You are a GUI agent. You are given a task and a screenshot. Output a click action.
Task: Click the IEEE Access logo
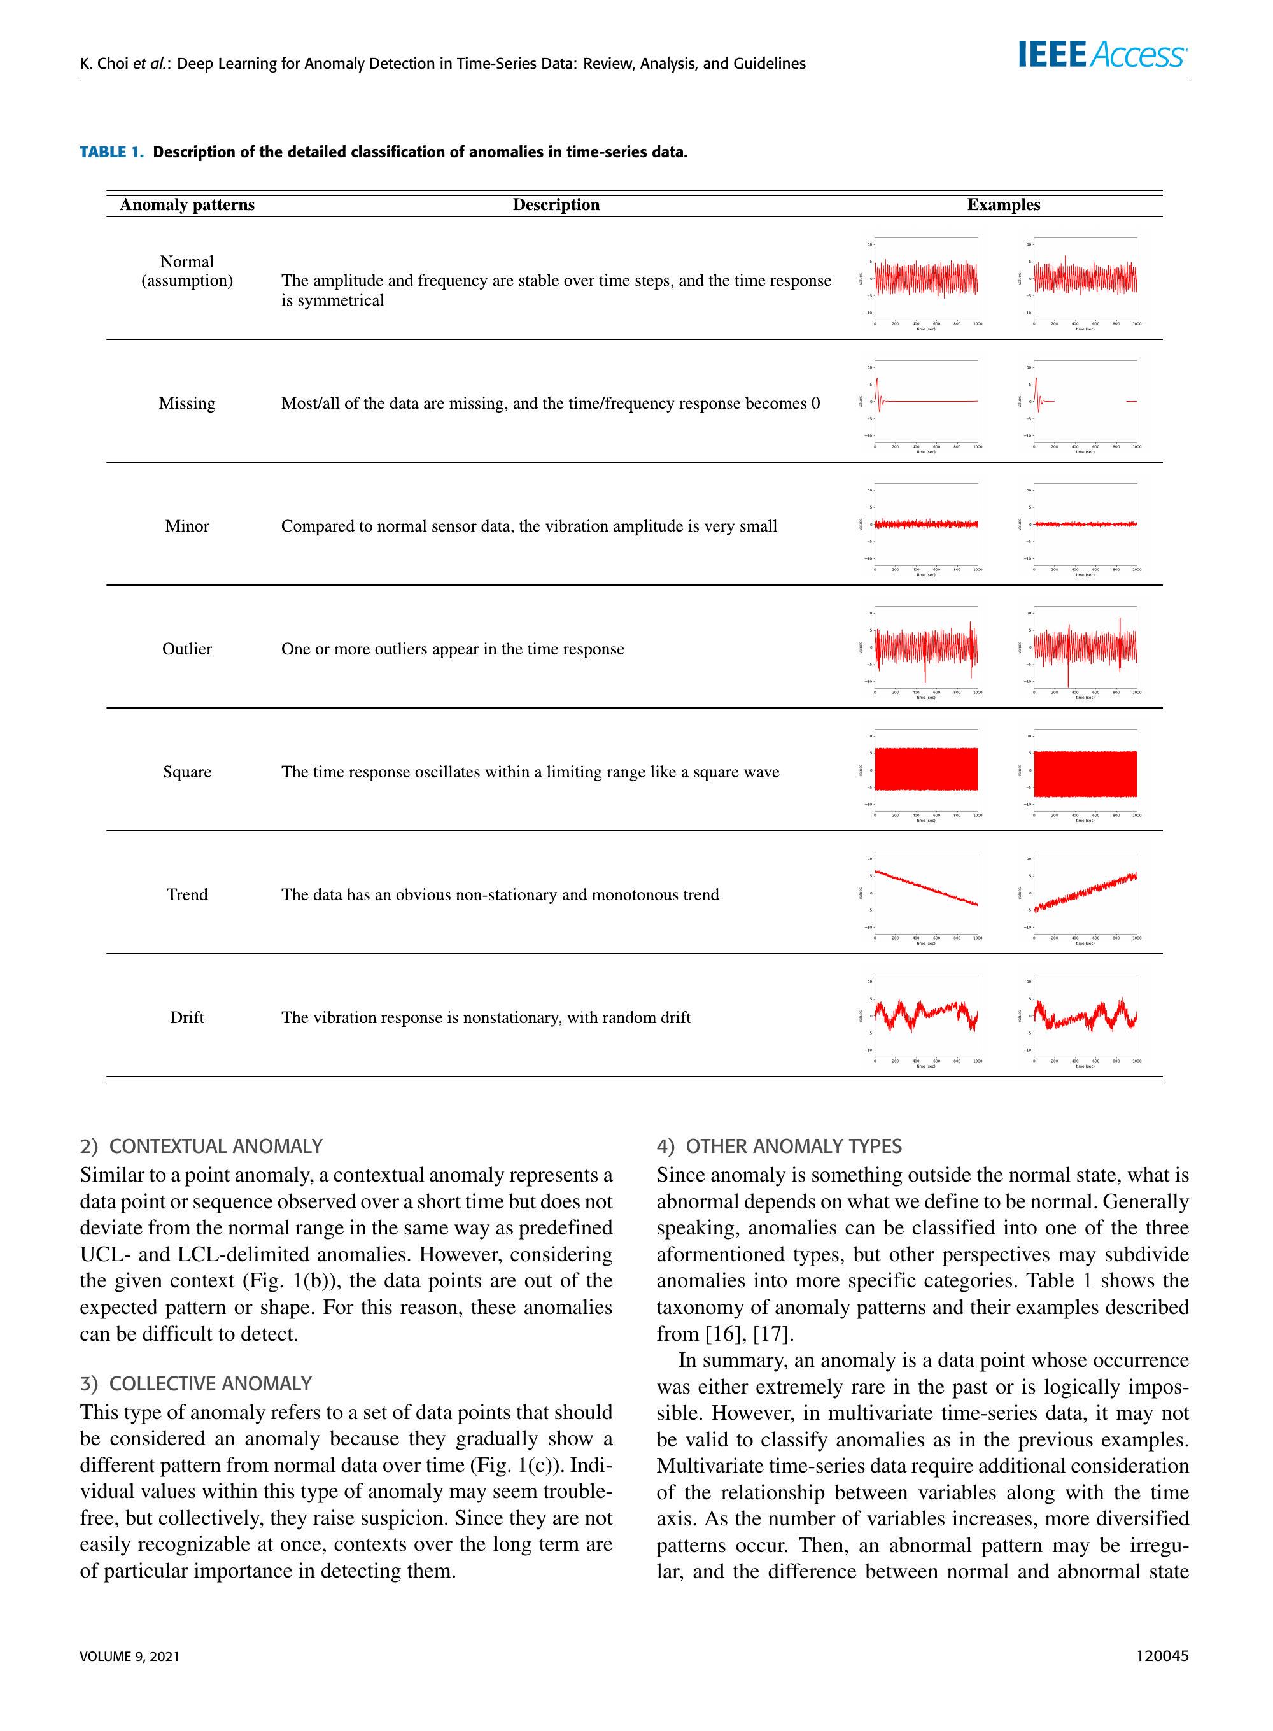[1102, 55]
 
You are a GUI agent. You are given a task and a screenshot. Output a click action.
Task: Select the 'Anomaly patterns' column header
[187, 205]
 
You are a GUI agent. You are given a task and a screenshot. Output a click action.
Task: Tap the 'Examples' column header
[1003, 205]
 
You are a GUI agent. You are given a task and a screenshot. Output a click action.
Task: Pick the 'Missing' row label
[187, 404]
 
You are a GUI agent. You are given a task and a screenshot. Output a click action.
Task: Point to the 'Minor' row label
[187, 526]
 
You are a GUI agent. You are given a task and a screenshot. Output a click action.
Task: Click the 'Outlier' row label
[187, 649]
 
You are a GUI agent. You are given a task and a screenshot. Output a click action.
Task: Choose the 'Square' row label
[187, 772]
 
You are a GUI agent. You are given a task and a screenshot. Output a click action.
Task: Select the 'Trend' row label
[187, 895]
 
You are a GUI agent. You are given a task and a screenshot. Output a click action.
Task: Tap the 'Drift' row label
[187, 1017]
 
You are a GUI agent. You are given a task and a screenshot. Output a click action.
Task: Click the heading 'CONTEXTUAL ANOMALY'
[216, 1147]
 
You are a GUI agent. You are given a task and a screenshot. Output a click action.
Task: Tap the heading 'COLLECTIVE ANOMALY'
[211, 1383]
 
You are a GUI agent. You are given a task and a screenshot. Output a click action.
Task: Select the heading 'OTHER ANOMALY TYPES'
[793, 1147]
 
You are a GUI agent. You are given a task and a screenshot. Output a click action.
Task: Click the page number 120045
[1162, 1655]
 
